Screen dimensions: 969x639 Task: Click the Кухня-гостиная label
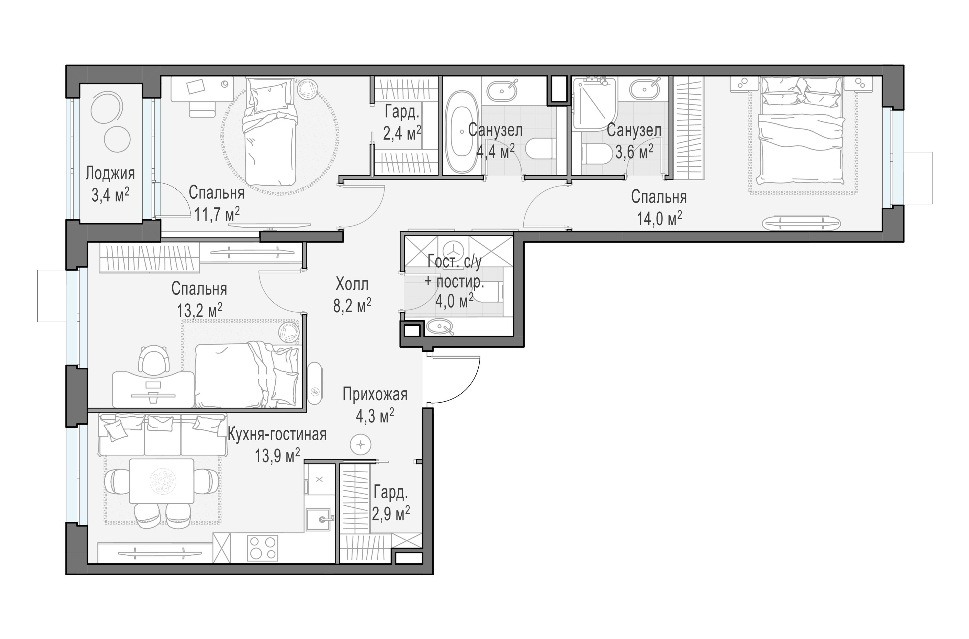coord(277,435)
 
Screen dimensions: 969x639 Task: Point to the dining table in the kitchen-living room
coord(161,481)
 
